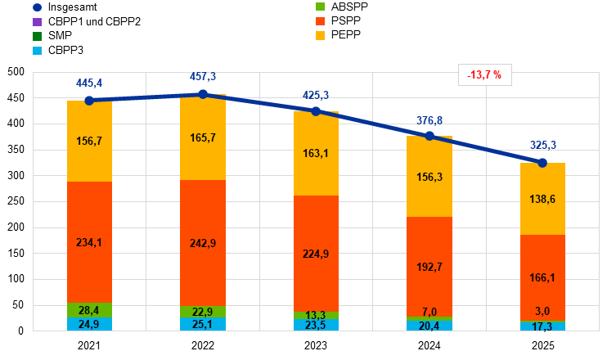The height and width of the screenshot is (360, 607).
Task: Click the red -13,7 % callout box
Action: [x=485, y=75]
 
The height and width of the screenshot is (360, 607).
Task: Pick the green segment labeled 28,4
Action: [x=89, y=310]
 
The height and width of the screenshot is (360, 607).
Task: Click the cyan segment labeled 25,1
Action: [x=203, y=324]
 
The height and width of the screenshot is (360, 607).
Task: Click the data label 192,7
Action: [x=429, y=267]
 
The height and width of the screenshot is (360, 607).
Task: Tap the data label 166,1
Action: [x=542, y=278]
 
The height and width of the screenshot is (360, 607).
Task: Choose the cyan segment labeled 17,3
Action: [x=542, y=326]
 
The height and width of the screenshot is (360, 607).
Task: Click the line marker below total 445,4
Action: [x=89, y=101]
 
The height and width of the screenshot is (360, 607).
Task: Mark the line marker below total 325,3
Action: [x=542, y=163]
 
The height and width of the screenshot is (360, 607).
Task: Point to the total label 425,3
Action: [x=316, y=96]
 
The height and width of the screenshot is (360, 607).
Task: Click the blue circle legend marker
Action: [x=37, y=7]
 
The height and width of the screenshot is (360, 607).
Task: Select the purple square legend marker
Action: [x=37, y=21]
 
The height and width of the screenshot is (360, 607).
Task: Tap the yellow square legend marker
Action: [x=321, y=35]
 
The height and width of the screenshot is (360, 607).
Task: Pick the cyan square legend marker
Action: [x=37, y=51]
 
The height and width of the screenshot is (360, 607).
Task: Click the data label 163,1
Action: [x=316, y=153]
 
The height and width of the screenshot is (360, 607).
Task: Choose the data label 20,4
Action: [x=429, y=326]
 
